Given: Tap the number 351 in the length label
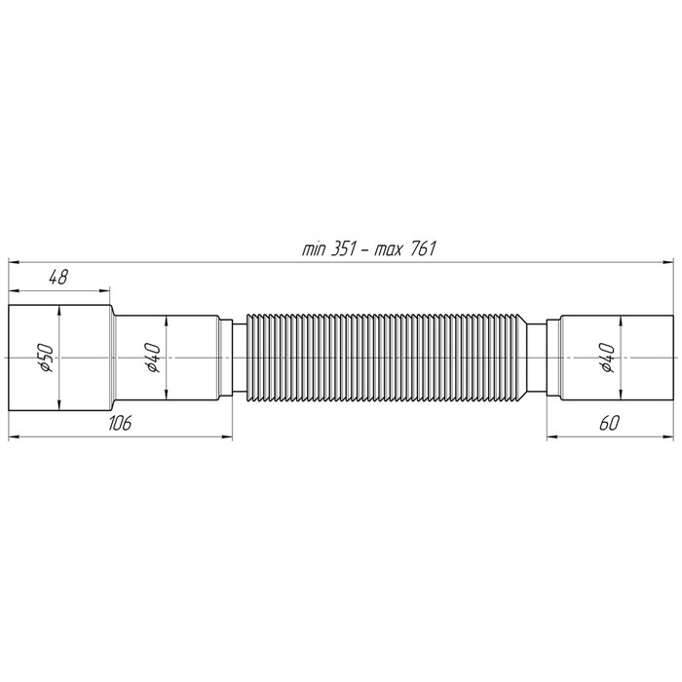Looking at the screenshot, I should click(345, 248).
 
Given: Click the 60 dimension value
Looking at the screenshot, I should click(609, 422).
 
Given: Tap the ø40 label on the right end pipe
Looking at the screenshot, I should click(606, 359).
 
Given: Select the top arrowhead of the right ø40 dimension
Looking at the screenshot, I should click(621, 322).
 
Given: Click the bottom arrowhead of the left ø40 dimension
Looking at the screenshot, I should click(168, 397).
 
